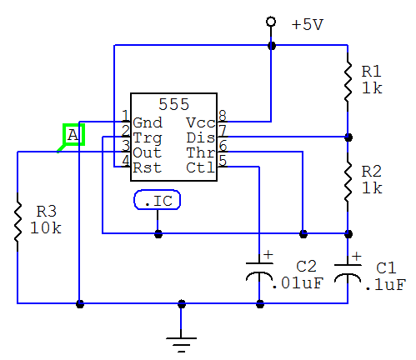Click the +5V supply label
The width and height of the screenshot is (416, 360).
point(308,24)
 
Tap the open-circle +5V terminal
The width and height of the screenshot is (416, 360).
point(271,22)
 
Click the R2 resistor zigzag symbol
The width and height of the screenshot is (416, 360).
point(348,182)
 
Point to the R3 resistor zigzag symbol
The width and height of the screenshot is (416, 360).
point(18,222)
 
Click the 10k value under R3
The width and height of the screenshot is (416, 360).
point(46,228)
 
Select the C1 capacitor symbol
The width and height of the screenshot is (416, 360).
point(348,272)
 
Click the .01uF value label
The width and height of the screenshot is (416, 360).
point(298,283)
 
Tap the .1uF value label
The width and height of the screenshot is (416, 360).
point(386,285)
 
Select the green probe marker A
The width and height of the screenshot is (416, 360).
point(73,135)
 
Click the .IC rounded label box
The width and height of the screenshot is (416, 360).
point(158,200)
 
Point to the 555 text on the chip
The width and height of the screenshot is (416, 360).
point(174,104)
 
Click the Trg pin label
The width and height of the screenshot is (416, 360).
point(148,138)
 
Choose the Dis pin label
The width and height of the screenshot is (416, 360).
point(201,137)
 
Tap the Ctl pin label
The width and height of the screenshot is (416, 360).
point(201,167)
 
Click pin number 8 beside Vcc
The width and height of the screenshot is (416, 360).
point(223,116)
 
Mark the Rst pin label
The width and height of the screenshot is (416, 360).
point(148,167)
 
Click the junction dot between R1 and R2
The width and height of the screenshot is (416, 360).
point(348,137)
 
